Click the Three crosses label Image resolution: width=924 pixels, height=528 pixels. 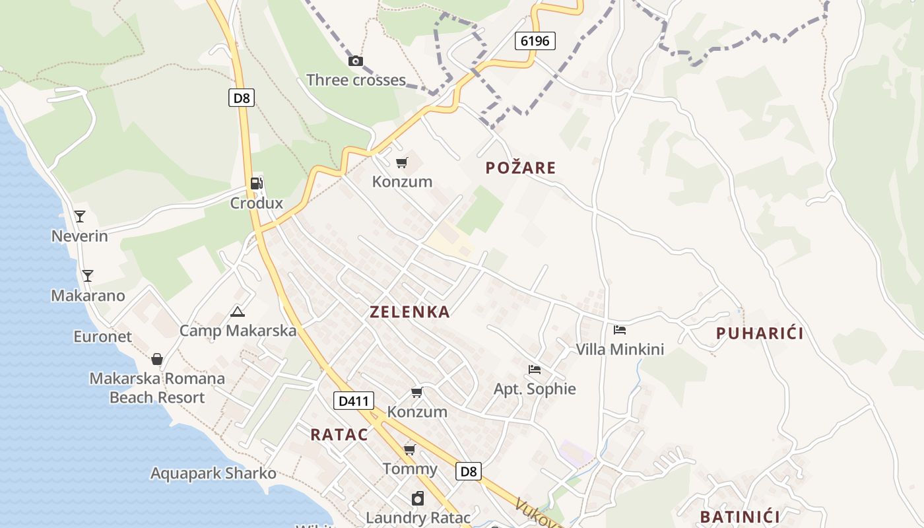(x=356, y=81)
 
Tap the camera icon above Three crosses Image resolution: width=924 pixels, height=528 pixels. (x=356, y=61)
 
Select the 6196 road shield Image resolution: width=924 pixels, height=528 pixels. (x=535, y=41)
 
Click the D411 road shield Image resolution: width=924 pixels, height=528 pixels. (x=354, y=401)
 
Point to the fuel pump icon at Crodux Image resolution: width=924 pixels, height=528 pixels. (x=257, y=183)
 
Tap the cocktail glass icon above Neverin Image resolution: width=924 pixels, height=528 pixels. (x=80, y=216)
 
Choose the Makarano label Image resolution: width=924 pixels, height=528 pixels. (x=88, y=296)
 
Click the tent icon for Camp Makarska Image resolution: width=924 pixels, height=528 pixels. (x=238, y=312)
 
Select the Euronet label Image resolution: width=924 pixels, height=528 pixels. (x=102, y=337)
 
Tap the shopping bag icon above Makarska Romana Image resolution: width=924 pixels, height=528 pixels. (x=157, y=359)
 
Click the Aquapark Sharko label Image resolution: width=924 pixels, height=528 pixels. (x=213, y=474)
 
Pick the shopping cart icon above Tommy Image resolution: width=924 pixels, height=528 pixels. (x=410, y=450)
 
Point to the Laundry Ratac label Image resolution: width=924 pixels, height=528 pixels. (x=418, y=517)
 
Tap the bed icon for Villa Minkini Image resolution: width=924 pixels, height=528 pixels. (x=619, y=330)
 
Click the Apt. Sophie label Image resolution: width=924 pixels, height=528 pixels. (x=535, y=389)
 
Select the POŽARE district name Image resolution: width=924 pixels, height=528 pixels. (x=521, y=168)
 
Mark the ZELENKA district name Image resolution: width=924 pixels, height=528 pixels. (x=410, y=312)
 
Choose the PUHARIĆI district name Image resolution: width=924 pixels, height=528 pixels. (x=760, y=334)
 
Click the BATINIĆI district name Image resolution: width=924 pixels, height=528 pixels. (x=740, y=517)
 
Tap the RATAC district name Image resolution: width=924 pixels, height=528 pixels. (x=339, y=435)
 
